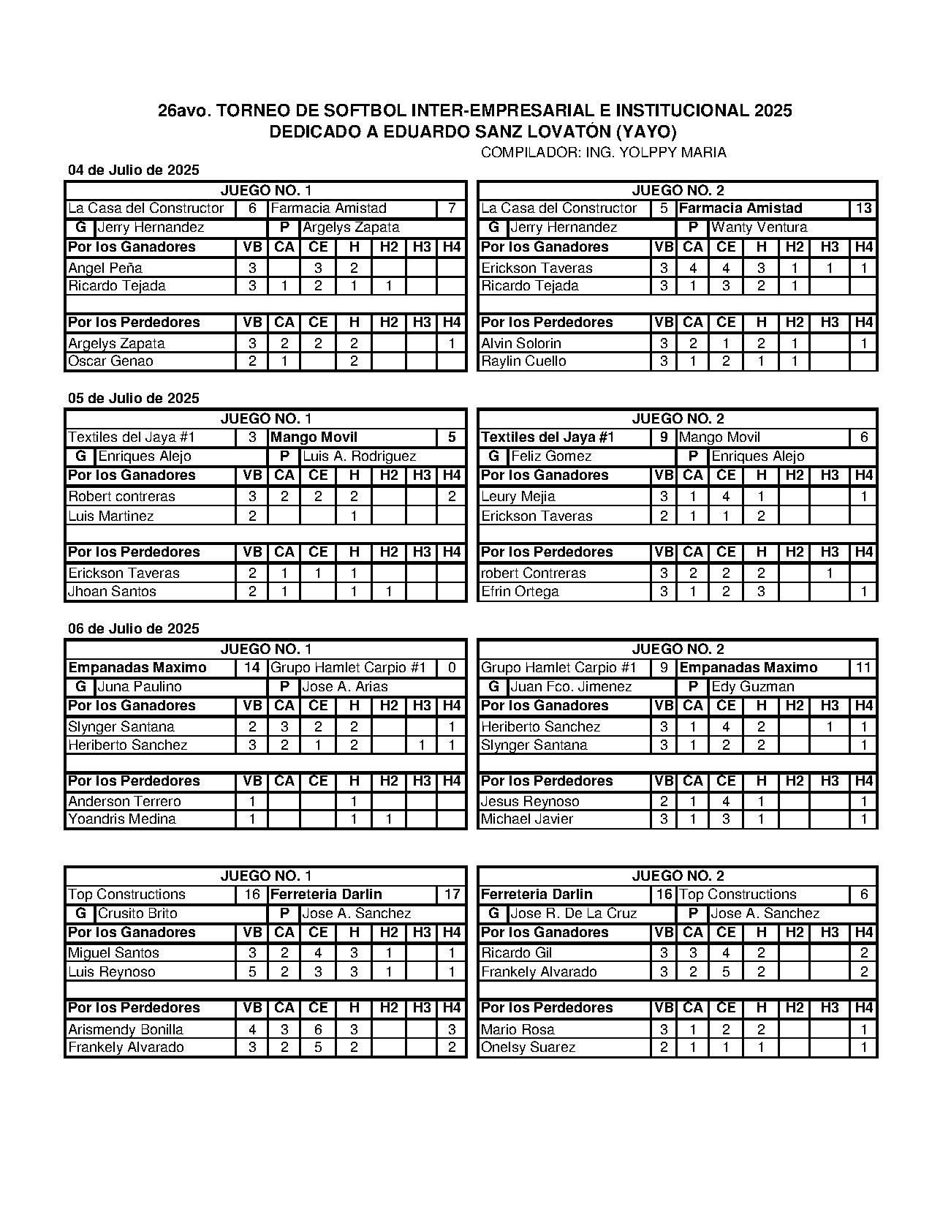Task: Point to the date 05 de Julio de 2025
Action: tap(134, 399)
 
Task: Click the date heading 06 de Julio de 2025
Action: tap(134, 629)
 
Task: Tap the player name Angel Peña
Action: tap(105, 268)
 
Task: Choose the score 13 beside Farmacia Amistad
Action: tap(863, 208)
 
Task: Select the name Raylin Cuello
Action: tap(523, 361)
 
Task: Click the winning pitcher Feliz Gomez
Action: tap(551, 456)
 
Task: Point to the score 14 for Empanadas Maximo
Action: tap(252, 668)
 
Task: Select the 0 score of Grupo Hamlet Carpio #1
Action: tap(452, 668)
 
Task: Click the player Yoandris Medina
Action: tap(122, 819)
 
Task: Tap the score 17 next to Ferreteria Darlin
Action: tap(452, 895)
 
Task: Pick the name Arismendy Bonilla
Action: tap(126, 1030)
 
